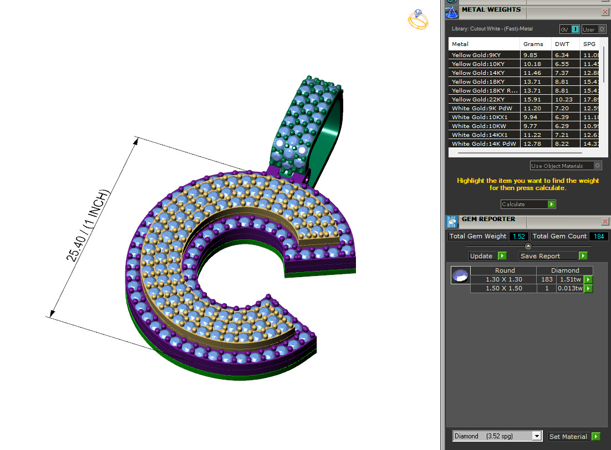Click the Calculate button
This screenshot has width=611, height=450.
[x=527, y=204]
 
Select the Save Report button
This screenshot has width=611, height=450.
[x=553, y=256]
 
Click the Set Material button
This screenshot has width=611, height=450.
[x=574, y=436]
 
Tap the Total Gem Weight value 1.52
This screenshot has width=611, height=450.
[x=518, y=237]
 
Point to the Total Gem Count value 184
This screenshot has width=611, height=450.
[x=599, y=237]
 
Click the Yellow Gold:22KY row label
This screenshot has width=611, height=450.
[x=478, y=99]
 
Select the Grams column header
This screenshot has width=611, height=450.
[x=533, y=44]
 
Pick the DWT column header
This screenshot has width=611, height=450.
[x=562, y=44]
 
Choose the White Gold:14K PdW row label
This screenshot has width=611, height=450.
[x=483, y=144]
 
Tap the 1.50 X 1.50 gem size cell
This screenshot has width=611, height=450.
[x=503, y=288]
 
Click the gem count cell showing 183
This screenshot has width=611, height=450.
[x=547, y=279]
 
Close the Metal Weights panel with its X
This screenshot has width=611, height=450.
[x=604, y=12]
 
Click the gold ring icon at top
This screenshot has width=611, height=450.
[x=417, y=20]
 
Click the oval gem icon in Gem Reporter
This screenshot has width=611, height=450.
[x=460, y=275]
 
